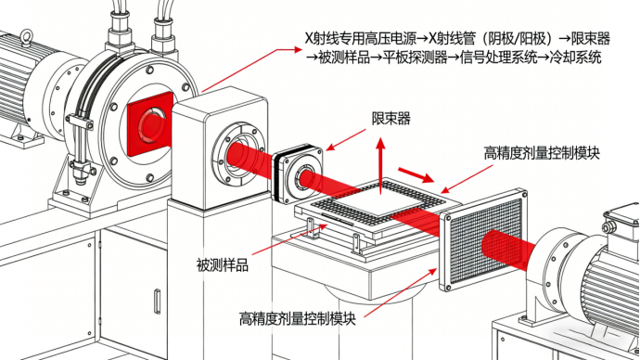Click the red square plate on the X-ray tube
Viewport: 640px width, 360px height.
pyautogui.click(x=150, y=124)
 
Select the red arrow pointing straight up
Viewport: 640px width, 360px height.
pyautogui.click(x=380, y=165)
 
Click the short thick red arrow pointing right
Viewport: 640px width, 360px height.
pyautogui.click(x=416, y=174)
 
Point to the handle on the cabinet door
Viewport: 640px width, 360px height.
pyautogui.click(x=157, y=302)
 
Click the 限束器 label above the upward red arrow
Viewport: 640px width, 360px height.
pyautogui.click(x=390, y=119)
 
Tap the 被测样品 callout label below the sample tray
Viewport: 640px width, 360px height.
pyautogui.click(x=222, y=265)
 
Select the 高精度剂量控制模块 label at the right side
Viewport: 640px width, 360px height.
pyautogui.click(x=542, y=153)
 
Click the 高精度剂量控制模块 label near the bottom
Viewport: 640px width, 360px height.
pyautogui.click(x=297, y=318)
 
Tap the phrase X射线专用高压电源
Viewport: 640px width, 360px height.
pyautogui.click(x=361, y=38)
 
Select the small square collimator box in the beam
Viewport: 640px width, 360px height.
pyautogui.click(x=297, y=174)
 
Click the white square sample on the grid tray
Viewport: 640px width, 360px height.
pyautogui.click(x=378, y=201)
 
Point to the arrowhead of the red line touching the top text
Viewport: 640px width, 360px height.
pyautogui.click(x=297, y=50)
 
